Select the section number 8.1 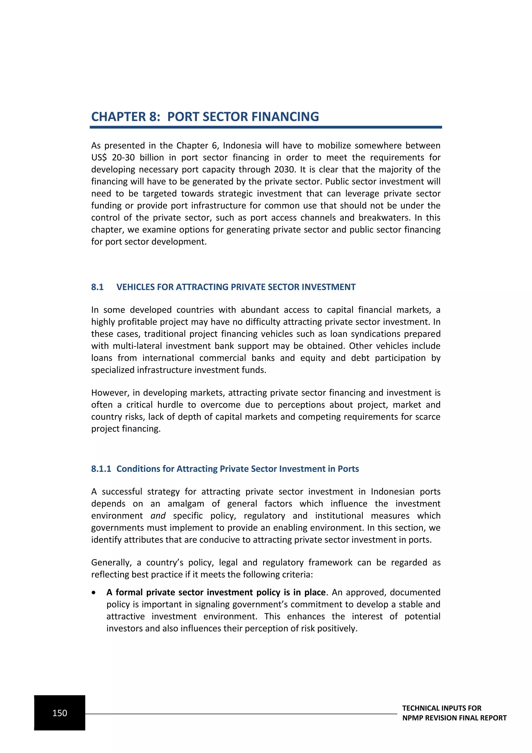pos(97,287)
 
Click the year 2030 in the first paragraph pos(285,170)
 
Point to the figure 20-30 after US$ pos(123,157)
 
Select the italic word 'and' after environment pos(158,516)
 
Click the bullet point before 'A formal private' pos(94,593)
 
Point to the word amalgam pos(186,503)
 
